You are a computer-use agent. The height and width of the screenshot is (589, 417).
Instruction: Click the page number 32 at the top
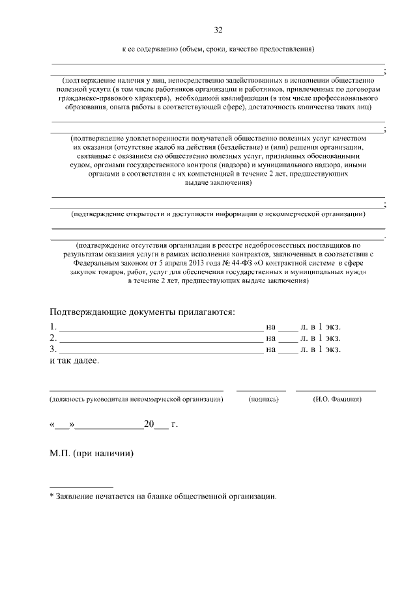coord(218,30)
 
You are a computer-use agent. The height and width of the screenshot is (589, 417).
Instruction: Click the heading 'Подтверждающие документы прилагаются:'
coord(143,312)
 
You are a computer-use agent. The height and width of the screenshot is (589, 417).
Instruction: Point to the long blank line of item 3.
coord(160,353)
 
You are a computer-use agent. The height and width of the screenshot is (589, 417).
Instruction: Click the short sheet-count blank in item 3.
coord(287,353)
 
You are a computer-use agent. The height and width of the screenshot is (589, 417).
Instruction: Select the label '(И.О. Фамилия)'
coord(337,398)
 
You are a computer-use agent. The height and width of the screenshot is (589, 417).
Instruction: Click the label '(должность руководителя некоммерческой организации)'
coord(136,398)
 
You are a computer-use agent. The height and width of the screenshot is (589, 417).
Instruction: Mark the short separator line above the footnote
coord(81,486)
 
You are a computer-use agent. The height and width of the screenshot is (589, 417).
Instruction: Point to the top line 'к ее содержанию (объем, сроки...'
coord(218,49)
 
